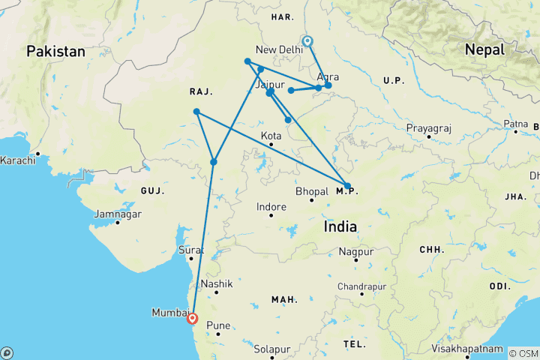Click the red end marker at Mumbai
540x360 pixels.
coord(193,317)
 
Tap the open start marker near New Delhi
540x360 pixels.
coord(307,41)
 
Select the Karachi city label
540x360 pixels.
coord(18,160)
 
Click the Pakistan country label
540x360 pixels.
coord(56,52)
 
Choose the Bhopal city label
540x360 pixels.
coord(311,191)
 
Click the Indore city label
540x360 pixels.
coord(271,206)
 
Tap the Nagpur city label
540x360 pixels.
coord(355,251)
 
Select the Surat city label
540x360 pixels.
coord(190,250)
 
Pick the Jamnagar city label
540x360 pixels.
coord(117,214)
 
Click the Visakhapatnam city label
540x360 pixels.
coord(467,349)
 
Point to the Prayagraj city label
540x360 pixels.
coord(428,128)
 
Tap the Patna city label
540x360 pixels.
coord(515,123)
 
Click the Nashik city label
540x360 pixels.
coord(217,284)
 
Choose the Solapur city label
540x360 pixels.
coord(271,349)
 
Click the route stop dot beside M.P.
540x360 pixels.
coord(347,185)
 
